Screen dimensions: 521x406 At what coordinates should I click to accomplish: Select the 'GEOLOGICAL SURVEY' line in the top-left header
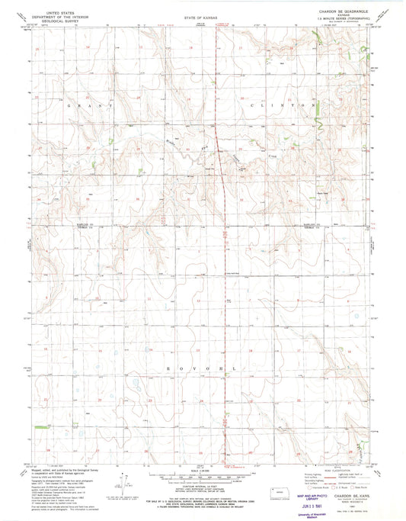pyautogui.click(x=50, y=21)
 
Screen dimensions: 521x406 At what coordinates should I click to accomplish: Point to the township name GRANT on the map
pyautogui.click(x=82, y=105)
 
